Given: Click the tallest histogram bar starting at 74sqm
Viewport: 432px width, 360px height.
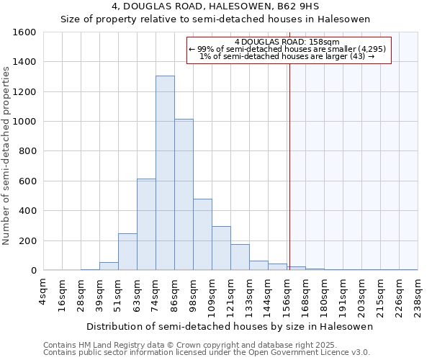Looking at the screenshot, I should (x=165, y=173).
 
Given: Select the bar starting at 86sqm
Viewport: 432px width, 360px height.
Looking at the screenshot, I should (x=184, y=194).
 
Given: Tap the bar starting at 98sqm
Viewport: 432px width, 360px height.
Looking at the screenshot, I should (x=202, y=235).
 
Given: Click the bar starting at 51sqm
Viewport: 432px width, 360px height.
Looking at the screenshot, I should (x=127, y=252).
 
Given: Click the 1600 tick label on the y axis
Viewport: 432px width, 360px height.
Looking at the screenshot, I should (x=24, y=32).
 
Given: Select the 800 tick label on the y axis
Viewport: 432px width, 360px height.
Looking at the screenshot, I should (x=27, y=151).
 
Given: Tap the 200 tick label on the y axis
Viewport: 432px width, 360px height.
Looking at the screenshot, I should (x=27, y=240).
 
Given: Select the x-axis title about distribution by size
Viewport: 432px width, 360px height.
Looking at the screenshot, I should (x=230, y=326).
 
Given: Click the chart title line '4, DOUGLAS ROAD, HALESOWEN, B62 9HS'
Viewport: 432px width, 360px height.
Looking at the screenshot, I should (x=215, y=6).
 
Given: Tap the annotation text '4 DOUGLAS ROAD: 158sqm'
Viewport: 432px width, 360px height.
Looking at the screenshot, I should (x=288, y=42).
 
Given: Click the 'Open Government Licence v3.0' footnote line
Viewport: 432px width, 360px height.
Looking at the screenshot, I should (x=207, y=353).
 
